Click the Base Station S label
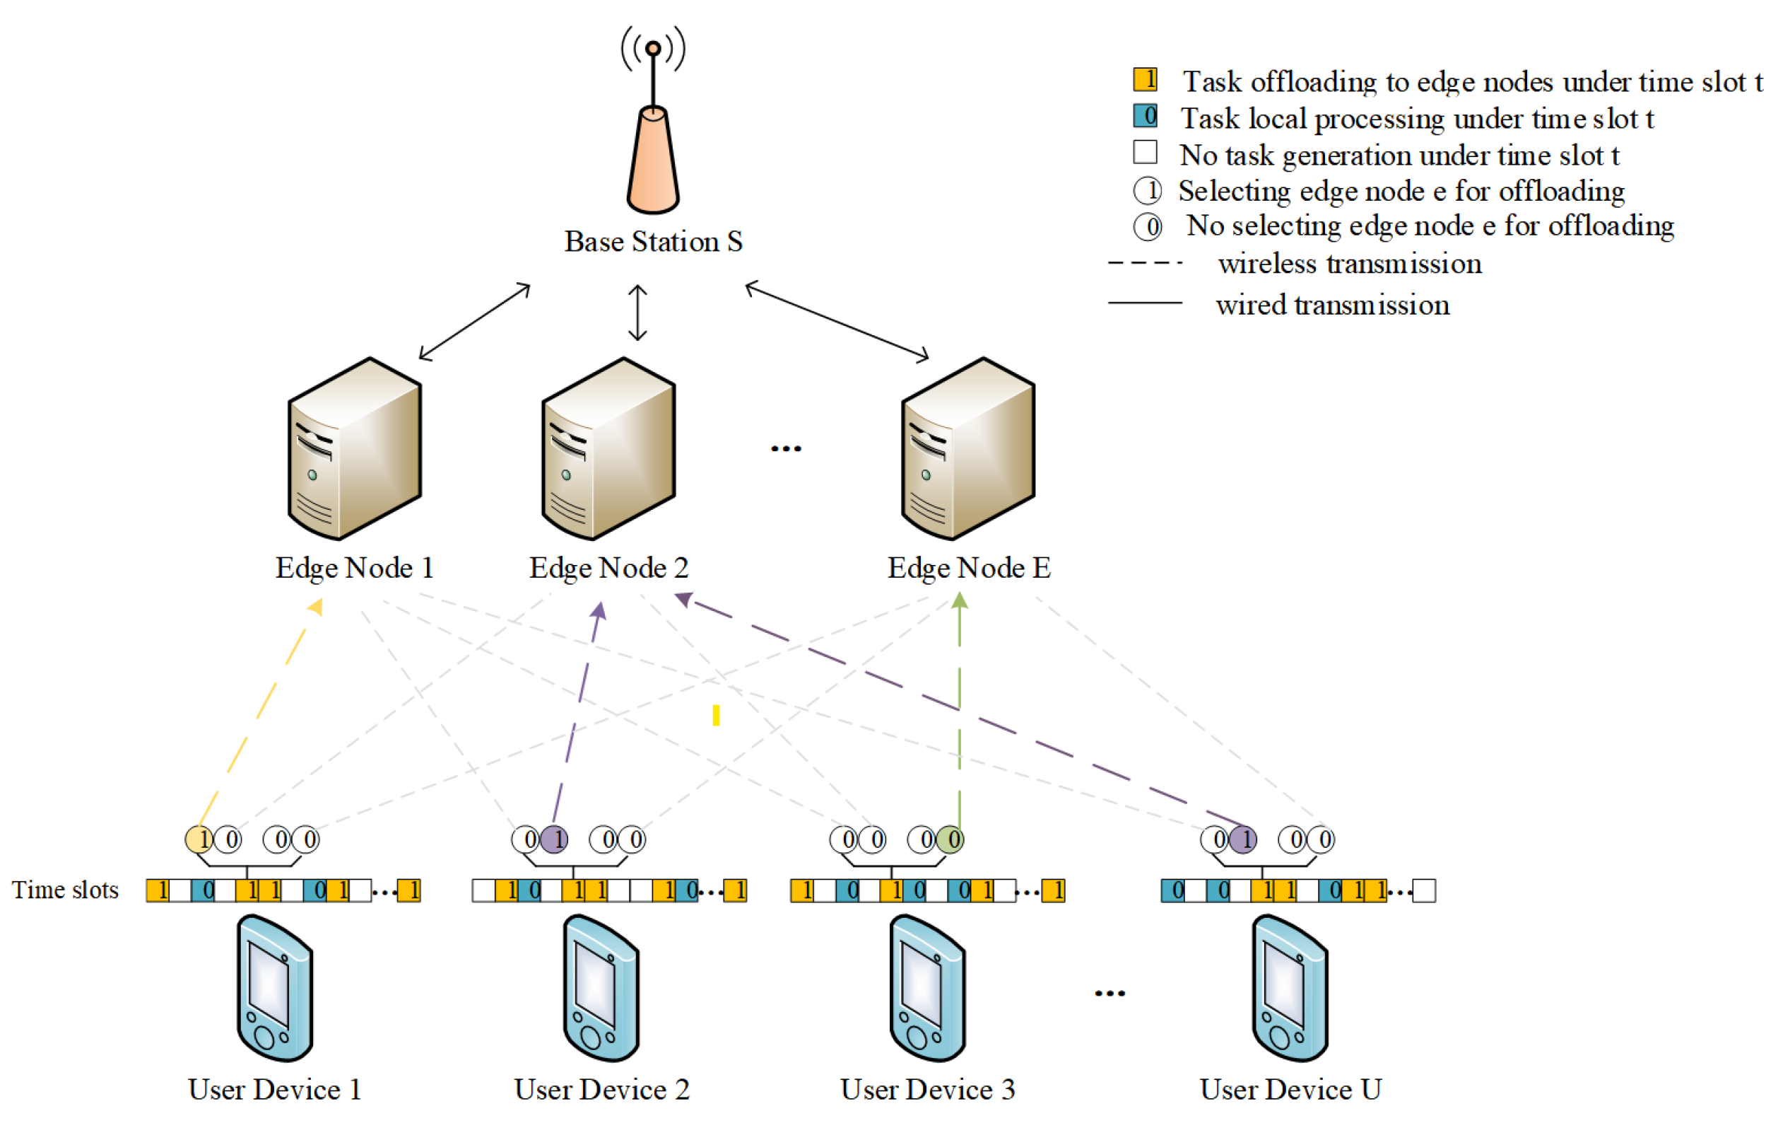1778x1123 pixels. point(653,242)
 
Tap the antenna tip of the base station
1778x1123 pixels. point(653,49)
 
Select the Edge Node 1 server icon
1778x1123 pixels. point(355,448)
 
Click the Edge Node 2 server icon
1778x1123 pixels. point(608,448)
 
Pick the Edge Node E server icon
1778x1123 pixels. point(968,448)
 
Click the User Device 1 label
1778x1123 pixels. point(275,1090)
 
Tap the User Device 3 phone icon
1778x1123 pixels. point(927,988)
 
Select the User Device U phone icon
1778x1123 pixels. point(1290,988)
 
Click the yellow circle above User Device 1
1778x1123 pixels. point(199,839)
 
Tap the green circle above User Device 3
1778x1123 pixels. point(950,839)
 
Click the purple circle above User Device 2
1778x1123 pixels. point(555,839)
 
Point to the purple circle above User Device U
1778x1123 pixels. point(1242,839)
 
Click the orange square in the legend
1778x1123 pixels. point(1146,79)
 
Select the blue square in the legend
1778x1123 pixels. point(1146,116)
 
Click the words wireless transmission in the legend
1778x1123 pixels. point(1350,264)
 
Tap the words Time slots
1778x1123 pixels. point(65,890)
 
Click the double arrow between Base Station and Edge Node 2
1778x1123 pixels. point(638,313)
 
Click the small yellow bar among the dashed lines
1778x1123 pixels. point(715,715)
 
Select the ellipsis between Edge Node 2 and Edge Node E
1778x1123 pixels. point(786,448)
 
